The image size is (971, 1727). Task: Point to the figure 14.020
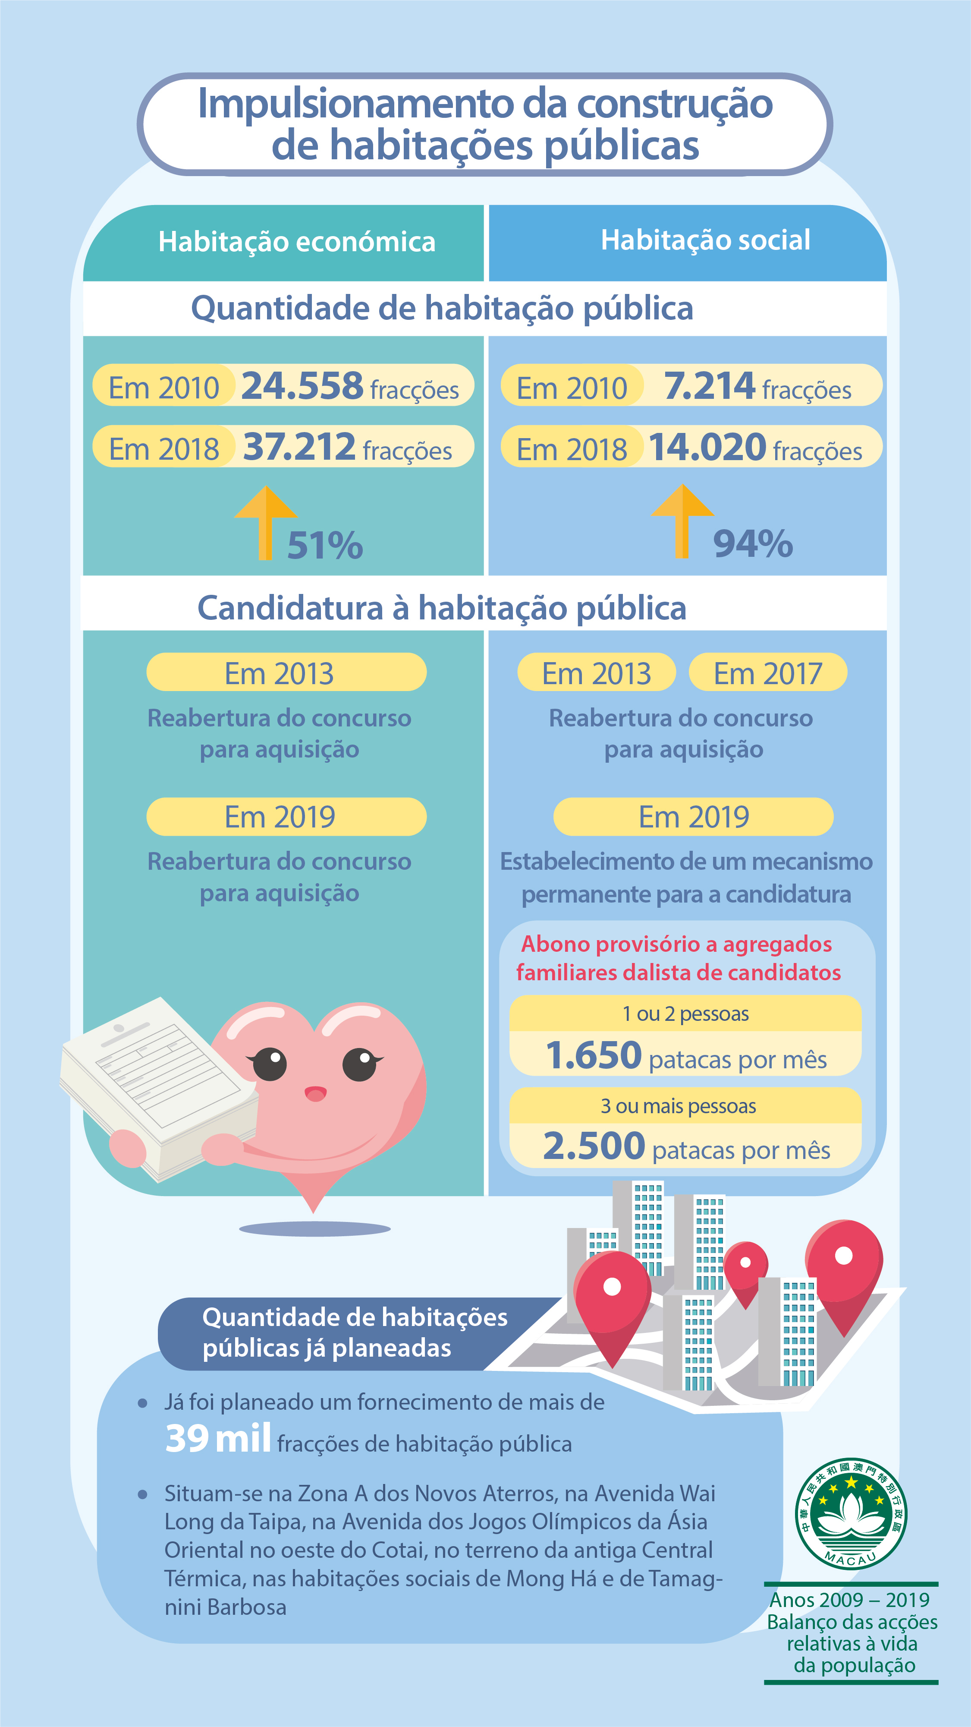pos(707,447)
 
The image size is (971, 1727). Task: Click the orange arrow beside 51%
pos(265,521)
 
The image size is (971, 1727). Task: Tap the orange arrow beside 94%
pos(682,520)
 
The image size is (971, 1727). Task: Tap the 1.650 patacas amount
pos(594,1055)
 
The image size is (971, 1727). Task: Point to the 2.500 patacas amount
pos(594,1146)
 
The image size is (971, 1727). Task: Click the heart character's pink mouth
pos(315,1094)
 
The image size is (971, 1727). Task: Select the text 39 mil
pos(218,1439)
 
